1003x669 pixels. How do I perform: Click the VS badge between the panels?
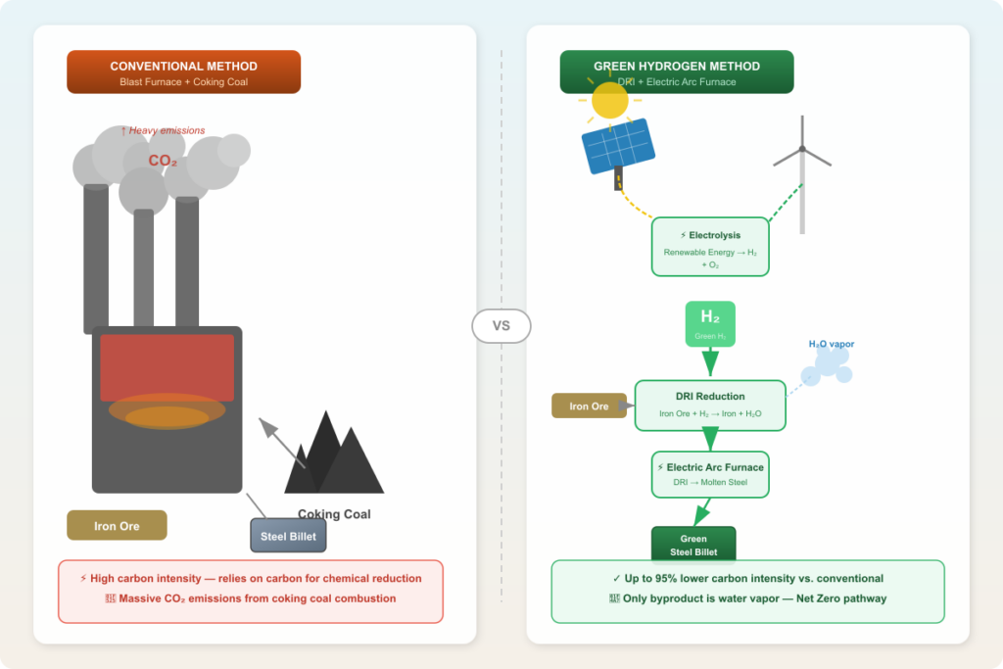[x=501, y=326]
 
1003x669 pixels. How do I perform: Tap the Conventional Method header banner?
[x=183, y=72]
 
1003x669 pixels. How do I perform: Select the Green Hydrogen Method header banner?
[x=676, y=72]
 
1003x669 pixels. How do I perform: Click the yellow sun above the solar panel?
[x=609, y=100]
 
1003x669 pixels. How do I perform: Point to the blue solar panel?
[x=618, y=146]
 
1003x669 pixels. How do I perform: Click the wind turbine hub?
[x=802, y=149]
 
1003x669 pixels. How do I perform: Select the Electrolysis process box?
[x=710, y=246]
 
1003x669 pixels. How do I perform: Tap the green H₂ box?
[x=710, y=323]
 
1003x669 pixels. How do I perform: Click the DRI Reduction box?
[x=710, y=405]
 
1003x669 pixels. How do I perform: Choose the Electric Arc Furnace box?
[x=710, y=474]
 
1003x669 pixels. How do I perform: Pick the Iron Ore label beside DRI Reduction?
[x=589, y=406]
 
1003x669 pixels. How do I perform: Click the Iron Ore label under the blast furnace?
[x=117, y=526]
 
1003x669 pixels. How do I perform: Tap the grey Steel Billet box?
[x=288, y=536]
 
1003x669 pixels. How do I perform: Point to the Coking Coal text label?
[x=334, y=514]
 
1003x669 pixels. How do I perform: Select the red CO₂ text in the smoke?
[x=163, y=161]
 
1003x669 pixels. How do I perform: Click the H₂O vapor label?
[x=831, y=344]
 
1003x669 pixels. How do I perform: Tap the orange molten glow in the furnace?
[x=167, y=412]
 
